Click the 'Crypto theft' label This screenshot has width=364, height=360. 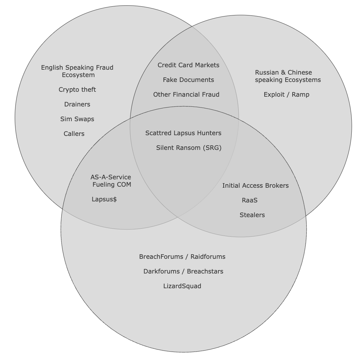pos(77,90)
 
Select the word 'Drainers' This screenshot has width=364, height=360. pos(77,104)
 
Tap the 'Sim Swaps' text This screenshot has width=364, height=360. pos(77,119)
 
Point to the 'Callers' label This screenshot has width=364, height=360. pos(74,134)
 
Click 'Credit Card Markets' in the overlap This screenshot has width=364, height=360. pos(188,65)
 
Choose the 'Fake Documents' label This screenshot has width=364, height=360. pos(188,80)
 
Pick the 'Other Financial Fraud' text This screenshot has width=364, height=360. pos(186,95)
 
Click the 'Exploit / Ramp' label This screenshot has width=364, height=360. pos(286,95)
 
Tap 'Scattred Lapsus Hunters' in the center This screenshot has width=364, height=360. pos(183,133)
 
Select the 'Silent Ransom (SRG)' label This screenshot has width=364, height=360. pos(189,148)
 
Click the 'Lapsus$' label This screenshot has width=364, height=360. pos(104,199)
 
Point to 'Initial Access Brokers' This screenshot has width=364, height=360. pos(255,186)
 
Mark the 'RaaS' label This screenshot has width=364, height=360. pos(250,200)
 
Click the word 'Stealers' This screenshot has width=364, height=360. pos(252,215)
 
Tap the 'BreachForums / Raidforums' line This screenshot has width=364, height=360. pos(182,257)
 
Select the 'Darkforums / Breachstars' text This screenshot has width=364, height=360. pos(183,271)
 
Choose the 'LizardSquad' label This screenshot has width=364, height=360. pos(182,286)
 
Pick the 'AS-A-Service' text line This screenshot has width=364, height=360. pos(111,177)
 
